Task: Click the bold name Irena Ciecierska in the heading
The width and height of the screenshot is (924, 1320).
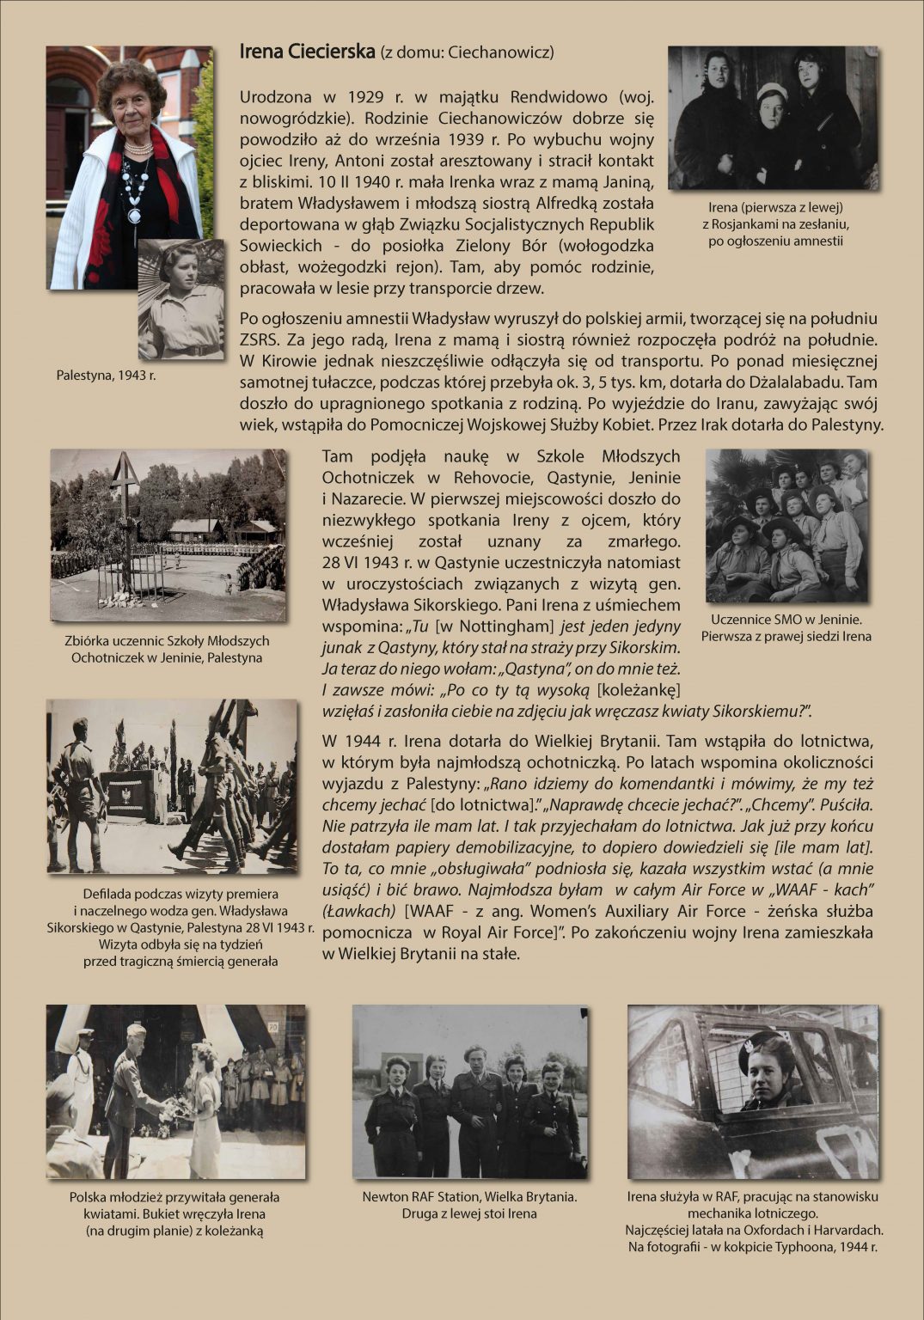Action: tap(307, 52)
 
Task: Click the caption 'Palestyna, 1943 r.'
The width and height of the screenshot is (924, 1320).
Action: tap(107, 376)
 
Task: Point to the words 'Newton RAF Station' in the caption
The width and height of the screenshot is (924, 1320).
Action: tap(421, 1196)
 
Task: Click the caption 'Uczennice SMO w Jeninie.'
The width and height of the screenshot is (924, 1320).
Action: tap(786, 620)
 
